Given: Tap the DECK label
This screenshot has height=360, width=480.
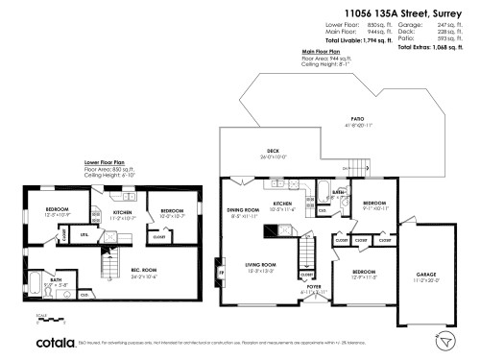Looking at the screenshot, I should tap(273, 152).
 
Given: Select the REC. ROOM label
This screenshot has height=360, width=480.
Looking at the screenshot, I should tap(144, 272).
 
